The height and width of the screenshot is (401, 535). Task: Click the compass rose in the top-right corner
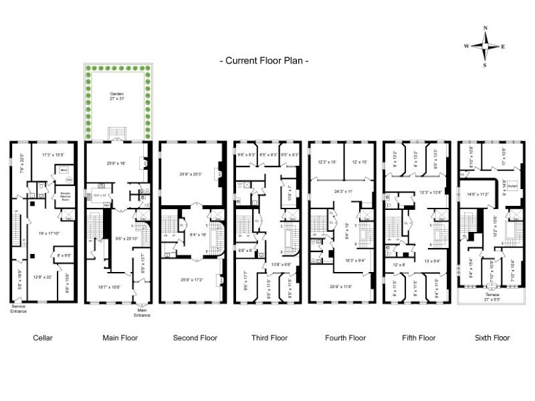coord(486,46)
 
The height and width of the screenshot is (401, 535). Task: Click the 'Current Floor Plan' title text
coord(264,61)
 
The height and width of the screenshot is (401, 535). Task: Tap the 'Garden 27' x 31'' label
coord(117,96)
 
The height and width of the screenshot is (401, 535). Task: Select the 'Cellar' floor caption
coord(43,338)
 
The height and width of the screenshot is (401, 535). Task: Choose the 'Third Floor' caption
coord(269,338)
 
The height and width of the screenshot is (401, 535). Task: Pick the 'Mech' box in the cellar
coord(65,170)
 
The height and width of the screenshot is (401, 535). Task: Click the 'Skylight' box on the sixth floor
coord(513,186)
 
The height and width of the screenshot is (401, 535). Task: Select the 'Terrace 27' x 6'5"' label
coord(492,295)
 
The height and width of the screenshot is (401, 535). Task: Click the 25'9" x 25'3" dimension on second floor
coord(194,174)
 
